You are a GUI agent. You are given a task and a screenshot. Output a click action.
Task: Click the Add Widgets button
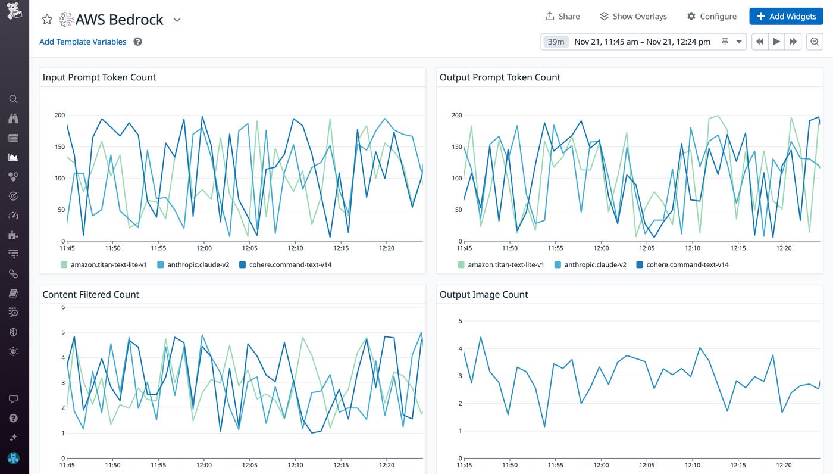(x=786, y=17)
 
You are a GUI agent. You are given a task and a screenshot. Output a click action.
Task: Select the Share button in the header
(x=562, y=17)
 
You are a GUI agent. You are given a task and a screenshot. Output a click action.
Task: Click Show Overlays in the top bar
(x=633, y=17)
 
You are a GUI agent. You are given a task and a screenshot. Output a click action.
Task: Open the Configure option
(x=712, y=17)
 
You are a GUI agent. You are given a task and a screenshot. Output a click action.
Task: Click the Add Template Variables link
(x=83, y=42)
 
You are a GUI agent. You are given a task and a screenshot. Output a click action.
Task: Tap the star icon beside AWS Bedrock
(x=47, y=20)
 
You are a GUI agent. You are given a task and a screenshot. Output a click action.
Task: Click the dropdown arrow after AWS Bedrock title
(x=177, y=20)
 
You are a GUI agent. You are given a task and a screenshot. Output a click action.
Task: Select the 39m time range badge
(x=556, y=42)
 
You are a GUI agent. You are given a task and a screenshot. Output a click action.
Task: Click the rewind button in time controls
(x=760, y=42)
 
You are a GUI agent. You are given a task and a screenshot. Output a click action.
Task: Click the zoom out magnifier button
(x=815, y=42)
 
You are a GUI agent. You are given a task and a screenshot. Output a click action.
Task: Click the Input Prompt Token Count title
(x=99, y=77)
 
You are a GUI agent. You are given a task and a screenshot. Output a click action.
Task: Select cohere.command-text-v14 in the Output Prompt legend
(x=687, y=264)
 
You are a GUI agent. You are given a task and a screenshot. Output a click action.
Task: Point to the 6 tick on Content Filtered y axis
(x=63, y=307)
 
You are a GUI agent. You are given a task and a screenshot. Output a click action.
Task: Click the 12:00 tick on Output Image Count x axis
(x=601, y=465)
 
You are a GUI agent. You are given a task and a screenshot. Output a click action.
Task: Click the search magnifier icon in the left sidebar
(x=14, y=99)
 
